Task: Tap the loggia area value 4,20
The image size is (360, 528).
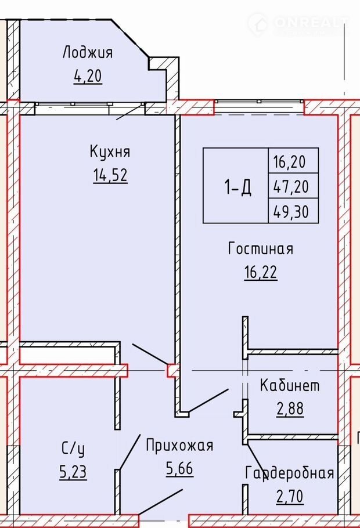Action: tap(88, 76)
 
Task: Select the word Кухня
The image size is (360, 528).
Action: tap(110, 151)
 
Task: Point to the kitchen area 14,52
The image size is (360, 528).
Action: tap(110, 175)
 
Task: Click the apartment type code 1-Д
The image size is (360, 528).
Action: tap(237, 187)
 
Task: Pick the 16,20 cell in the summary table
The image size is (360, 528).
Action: tap(293, 161)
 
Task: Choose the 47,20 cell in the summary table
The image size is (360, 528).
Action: tap(293, 186)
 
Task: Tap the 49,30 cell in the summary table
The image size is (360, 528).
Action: tap(293, 211)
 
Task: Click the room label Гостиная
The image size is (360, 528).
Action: tap(261, 248)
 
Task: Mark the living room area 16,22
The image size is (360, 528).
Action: tap(261, 272)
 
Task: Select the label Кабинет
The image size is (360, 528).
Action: tap(290, 385)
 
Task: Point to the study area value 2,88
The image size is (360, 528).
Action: tap(290, 408)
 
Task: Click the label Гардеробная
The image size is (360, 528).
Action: tap(290, 473)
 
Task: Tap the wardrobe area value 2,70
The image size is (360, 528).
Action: tap(290, 496)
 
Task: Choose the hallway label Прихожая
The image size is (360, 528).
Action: tap(179, 445)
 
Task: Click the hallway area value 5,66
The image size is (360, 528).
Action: tap(179, 468)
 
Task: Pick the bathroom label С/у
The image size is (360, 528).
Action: tap(73, 449)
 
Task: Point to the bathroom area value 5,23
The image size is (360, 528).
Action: tap(73, 472)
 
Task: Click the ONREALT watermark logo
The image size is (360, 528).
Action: tap(298, 24)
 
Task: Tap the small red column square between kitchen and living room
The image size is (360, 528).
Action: tap(173, 371)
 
